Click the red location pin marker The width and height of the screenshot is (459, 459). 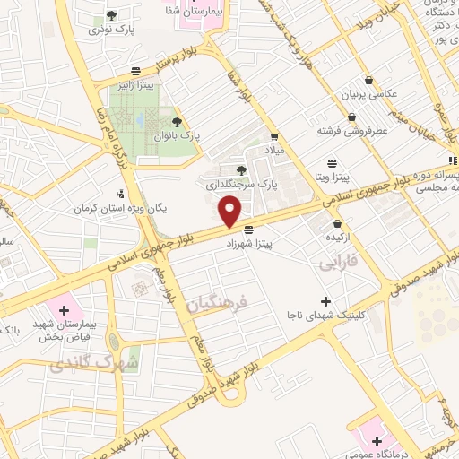click(231, 212)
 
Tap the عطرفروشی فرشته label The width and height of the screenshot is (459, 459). click(351, 131)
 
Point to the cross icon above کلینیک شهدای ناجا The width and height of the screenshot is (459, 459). click(325, 302)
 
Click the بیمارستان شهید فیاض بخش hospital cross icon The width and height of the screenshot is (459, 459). click(64, 310)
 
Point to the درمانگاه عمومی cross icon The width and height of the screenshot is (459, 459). click(377, 441)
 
